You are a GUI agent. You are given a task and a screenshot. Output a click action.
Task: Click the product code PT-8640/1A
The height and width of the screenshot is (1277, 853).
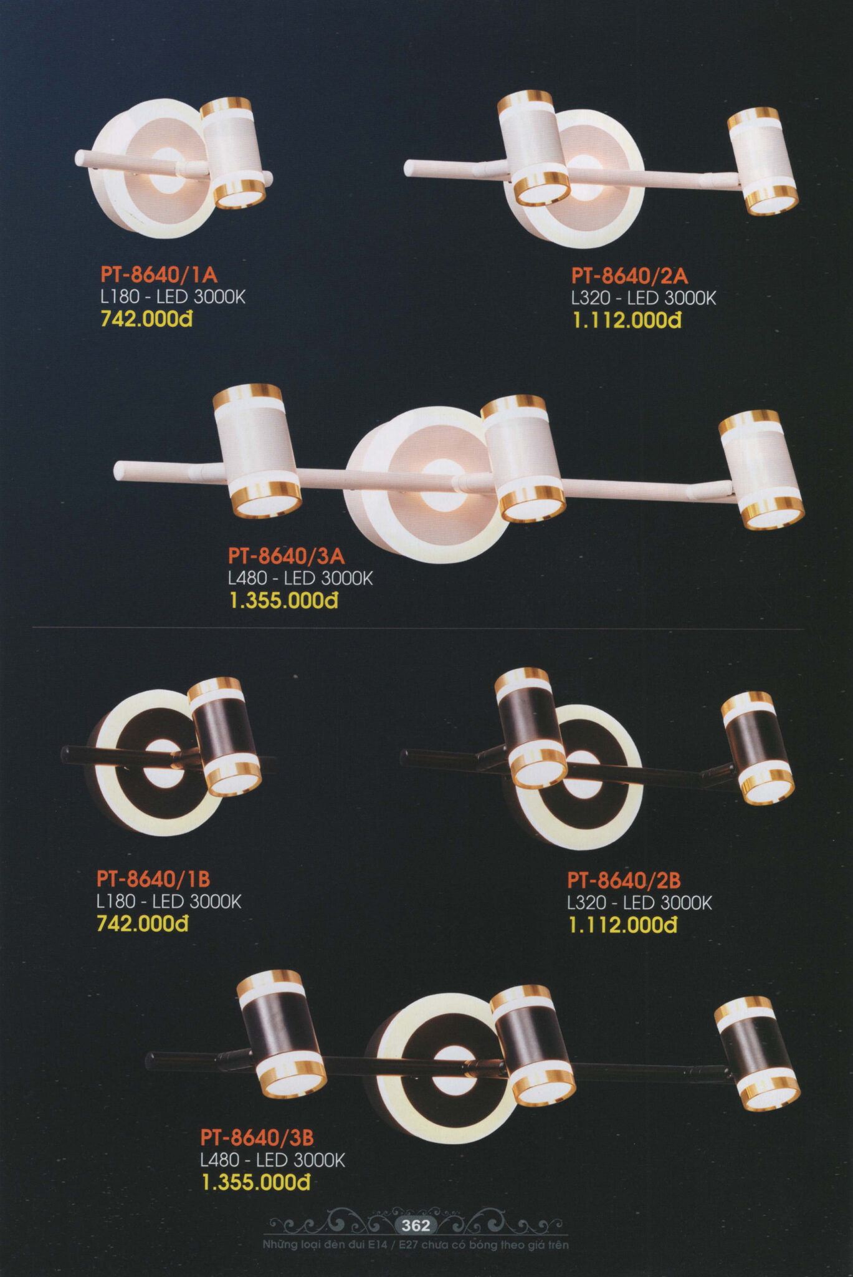tap(159, 274)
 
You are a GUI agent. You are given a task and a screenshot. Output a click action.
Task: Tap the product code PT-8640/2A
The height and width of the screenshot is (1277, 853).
tap(630, 276)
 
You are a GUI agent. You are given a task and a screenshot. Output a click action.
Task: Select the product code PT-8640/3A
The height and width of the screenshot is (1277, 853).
tap(287, 555)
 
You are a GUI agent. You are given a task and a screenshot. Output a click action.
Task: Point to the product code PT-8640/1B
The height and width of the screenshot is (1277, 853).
tap(153, 879)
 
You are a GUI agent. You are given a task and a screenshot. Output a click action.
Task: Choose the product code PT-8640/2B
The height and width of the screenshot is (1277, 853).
tap(624, 880)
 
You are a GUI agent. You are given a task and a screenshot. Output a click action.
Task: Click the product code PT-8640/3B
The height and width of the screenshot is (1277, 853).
tap(257, 1138)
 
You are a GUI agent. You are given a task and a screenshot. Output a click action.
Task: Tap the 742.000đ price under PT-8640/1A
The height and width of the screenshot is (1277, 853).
tap(146, 320)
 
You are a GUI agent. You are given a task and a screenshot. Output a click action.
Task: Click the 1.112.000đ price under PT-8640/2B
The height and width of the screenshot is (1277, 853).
tap(623, 925)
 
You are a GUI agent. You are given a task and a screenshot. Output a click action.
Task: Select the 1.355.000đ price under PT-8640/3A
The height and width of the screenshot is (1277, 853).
tap(284, 601)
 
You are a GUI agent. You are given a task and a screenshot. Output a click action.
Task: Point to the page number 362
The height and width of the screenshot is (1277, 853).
tap(416, 1225)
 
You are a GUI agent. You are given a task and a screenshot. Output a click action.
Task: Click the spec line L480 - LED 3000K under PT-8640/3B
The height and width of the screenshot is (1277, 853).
tap(273, 1160)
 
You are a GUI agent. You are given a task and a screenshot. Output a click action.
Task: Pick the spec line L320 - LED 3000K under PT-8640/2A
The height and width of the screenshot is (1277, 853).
tap(644, 298)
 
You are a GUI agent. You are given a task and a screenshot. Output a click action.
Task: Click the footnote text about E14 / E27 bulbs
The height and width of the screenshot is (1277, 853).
tap(416, 1245)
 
